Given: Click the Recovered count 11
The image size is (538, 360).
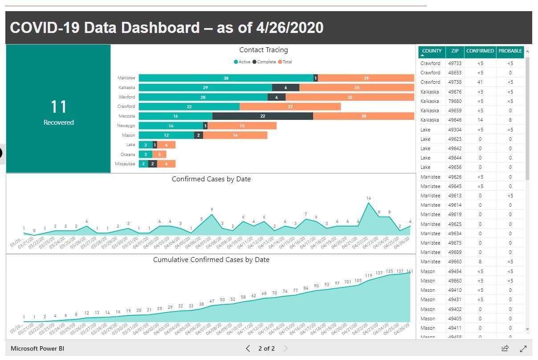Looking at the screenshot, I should [58, 107].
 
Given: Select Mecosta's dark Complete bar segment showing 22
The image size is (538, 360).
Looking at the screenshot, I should [263, 116].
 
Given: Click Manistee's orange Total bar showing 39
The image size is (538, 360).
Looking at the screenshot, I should [366, 78].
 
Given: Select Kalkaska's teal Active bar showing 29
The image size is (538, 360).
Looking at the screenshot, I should [205, 87].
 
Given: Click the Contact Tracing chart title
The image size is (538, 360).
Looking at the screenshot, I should [263, 50].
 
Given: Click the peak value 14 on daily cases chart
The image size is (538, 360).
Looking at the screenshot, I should [368, 198].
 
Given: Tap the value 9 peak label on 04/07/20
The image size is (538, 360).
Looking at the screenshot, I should [212, 209].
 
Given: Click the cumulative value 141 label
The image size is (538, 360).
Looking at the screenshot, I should [410, 271].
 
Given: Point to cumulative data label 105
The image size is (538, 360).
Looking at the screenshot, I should [358, 281].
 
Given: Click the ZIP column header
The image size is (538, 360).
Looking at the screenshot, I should [454, 51].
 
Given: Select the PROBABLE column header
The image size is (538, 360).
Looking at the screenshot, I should [510, 51].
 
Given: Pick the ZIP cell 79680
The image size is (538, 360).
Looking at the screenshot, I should [454, 101].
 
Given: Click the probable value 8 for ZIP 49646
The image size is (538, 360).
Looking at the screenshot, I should [510, 120].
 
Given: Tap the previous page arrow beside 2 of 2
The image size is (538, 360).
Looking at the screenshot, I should [248, 348].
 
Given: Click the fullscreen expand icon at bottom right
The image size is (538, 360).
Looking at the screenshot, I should [523, 348].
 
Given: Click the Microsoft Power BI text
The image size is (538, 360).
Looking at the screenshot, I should [37, 348].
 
